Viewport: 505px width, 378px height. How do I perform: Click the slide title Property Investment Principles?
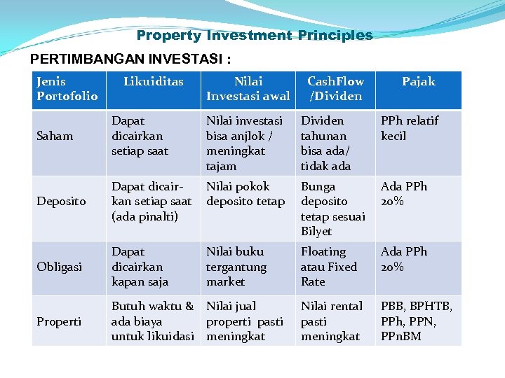pyautogui.click(x=255, y=35)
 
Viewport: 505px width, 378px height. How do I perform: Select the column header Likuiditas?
pyautogui.click(x=153, y=82)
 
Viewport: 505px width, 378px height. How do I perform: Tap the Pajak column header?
pyautogui.click(x=418, y=82)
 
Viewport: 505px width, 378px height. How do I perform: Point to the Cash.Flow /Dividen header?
pyautogui.click(x=335, y=89)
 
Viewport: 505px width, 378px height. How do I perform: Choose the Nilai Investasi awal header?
pyautogui.click(x=248, y=89)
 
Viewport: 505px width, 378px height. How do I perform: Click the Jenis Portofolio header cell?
pyautogui.click(x=67, y=89)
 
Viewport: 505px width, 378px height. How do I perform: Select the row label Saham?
pyautogui.click(x=55, y=136)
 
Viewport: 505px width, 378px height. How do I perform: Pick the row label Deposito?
pyautogui.click(x=61, y=201)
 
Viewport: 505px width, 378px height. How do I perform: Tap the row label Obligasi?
pyautogui.click(x=60, y=267)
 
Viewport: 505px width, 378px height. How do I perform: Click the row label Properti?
pyautogui.click(x=59, y=321)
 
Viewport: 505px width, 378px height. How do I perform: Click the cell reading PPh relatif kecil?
pyautogui.click(x=409, y=128)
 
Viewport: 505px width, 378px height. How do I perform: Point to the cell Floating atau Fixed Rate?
pyautogui.click(x=328, y=267)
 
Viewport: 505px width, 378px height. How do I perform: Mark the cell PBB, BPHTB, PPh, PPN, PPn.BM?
pyautogui.click(x=416, y=321)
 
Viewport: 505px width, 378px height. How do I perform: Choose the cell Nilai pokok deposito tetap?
pyautogui.click(x=245, y=194)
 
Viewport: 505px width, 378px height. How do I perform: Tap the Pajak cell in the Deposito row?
pyautogui.click(x=403, y=194)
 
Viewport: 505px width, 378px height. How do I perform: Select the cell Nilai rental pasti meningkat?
pyautogui.click(x=332, y=321)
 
